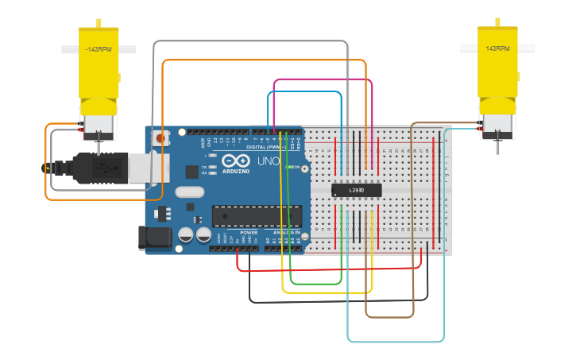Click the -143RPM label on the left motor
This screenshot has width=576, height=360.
point(99,49)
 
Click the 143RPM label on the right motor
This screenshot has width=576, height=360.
point(497,48)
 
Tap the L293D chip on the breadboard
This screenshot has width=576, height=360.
point(356,190)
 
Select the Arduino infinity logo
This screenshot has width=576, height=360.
point(236,160)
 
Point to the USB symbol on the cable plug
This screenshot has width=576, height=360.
point(102,168)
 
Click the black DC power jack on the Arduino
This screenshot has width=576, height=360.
point(153,238)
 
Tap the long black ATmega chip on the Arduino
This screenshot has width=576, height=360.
point(257,215)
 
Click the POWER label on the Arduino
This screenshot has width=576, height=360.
point(249,233)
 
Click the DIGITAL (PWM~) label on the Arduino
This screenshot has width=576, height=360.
point(265,147)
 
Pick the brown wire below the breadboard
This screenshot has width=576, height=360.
point(389,316)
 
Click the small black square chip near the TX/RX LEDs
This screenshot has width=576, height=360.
point(191,171)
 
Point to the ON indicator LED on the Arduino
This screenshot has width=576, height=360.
point(289,167)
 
